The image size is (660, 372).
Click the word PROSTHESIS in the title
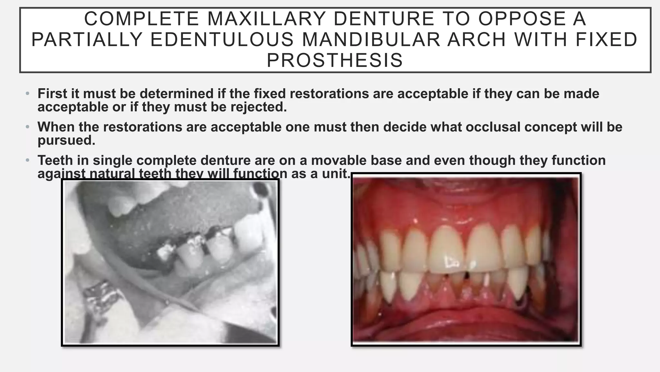point(335,60)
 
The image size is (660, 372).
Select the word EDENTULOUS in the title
point(222,39)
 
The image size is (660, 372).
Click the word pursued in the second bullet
point(66,140)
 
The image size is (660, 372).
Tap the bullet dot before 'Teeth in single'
point(28,160)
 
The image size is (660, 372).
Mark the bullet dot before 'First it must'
point(28,94)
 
